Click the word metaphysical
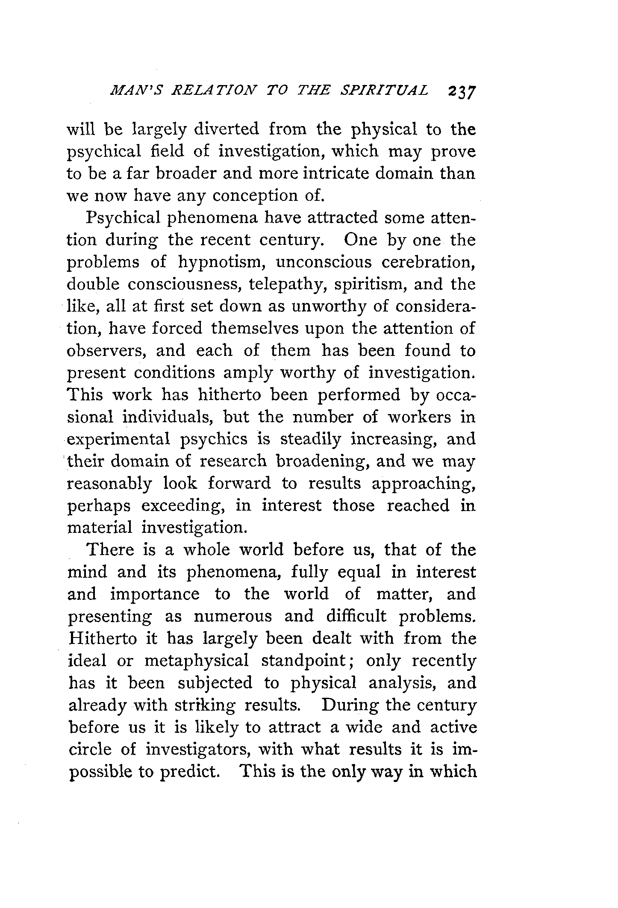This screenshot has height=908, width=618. click(197, 661)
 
